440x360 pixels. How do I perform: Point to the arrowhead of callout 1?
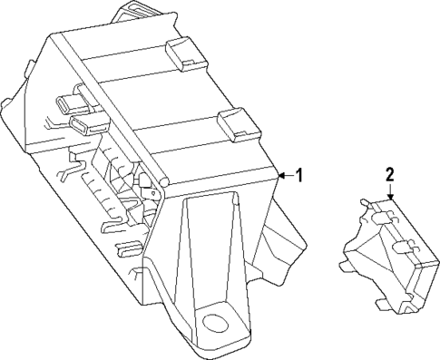pos(279,176)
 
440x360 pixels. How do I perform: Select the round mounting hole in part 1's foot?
pos(216,320)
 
